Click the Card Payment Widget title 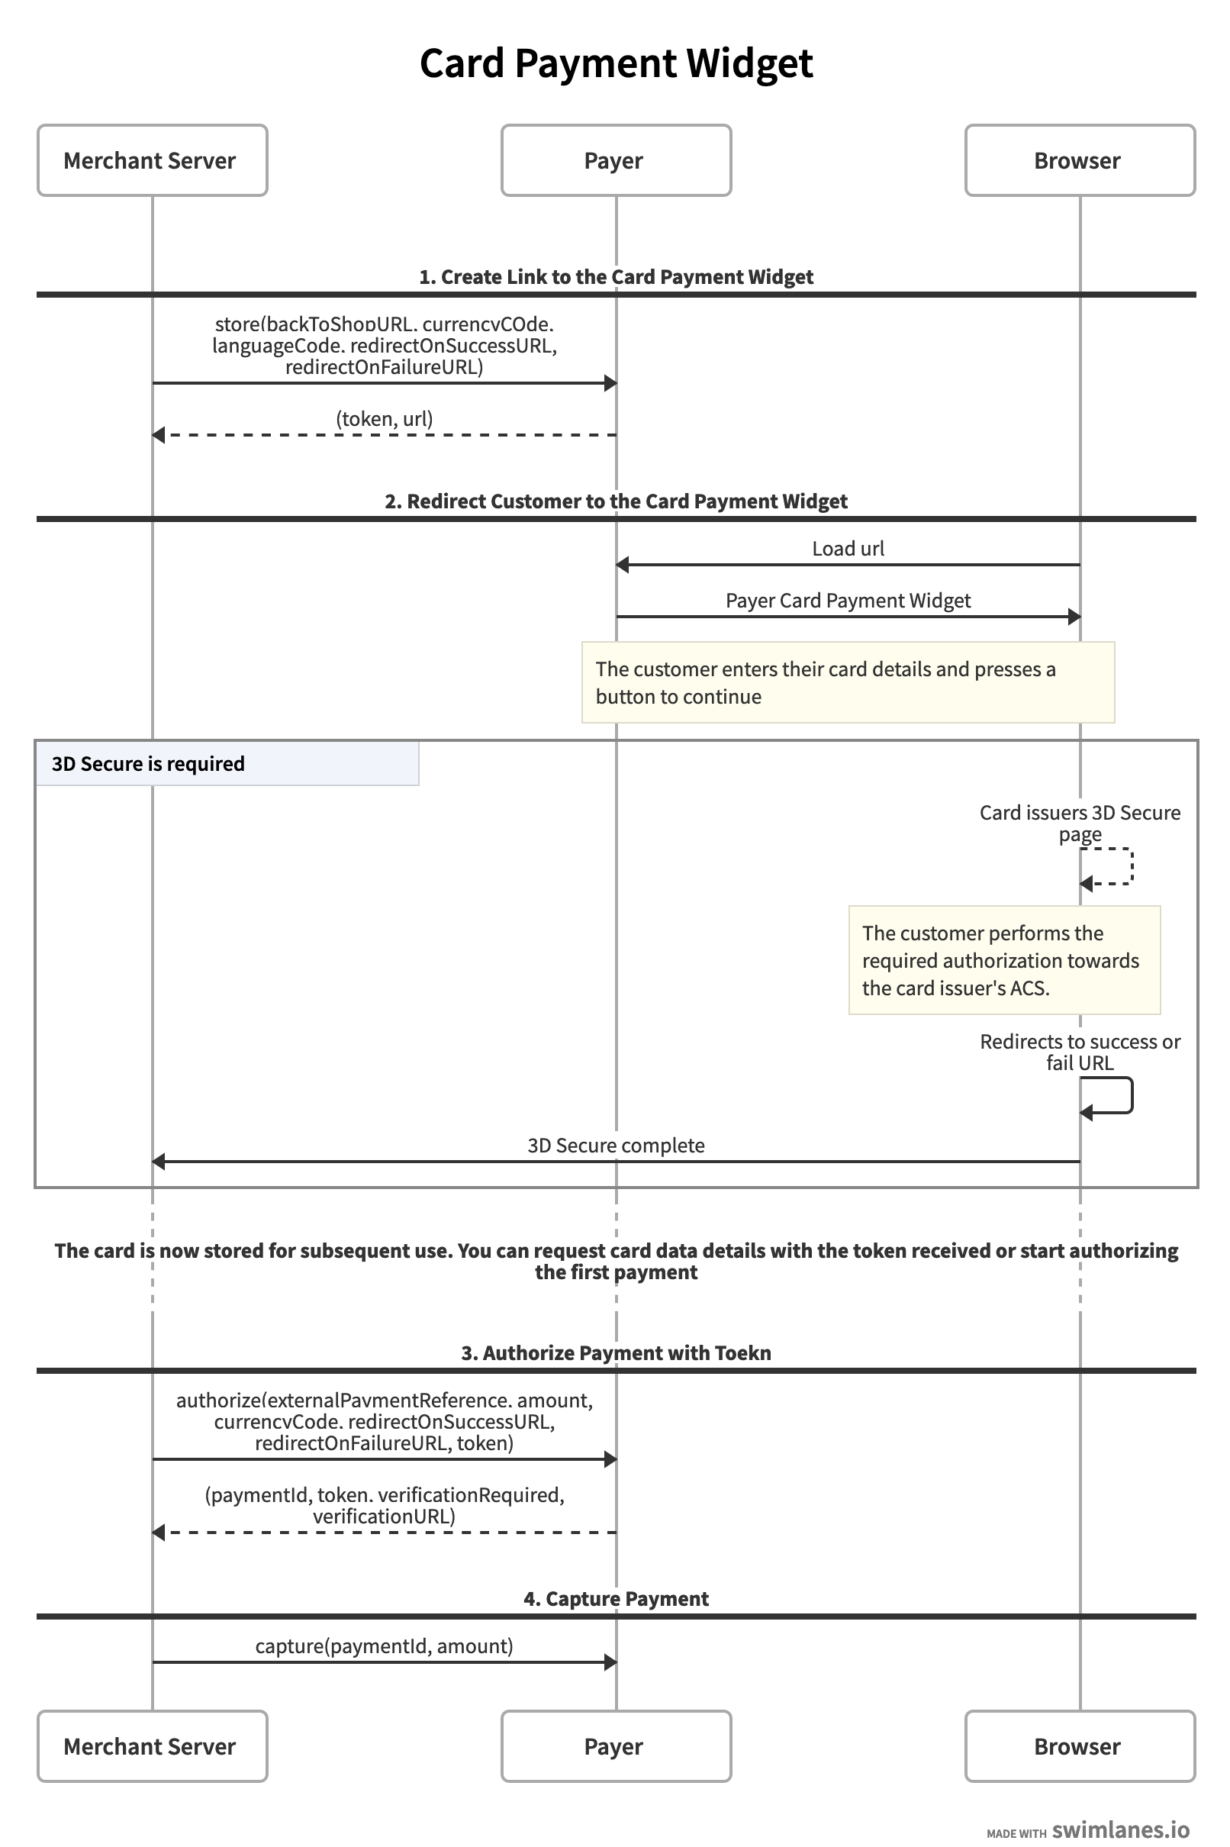coord(616,63)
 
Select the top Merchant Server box coord(152,160)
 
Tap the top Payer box coord(616,160)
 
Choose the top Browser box coord(1080,160)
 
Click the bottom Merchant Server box coord(152,1745)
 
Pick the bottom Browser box coord(1080,1745)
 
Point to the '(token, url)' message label coord(385,419)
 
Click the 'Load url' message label coord(848,549)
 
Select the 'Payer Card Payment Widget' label coord(848,600)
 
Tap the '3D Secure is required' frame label coord(227,763)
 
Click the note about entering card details coord(848,682)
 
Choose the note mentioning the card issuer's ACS coord(1004,959)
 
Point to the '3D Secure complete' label coord(616,1145)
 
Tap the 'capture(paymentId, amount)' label coord(385,1646)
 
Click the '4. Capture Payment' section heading coord(616,1598)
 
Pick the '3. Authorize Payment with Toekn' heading coord(616,1352)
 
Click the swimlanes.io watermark coord(1088,1829)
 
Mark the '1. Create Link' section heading coord(616,276)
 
